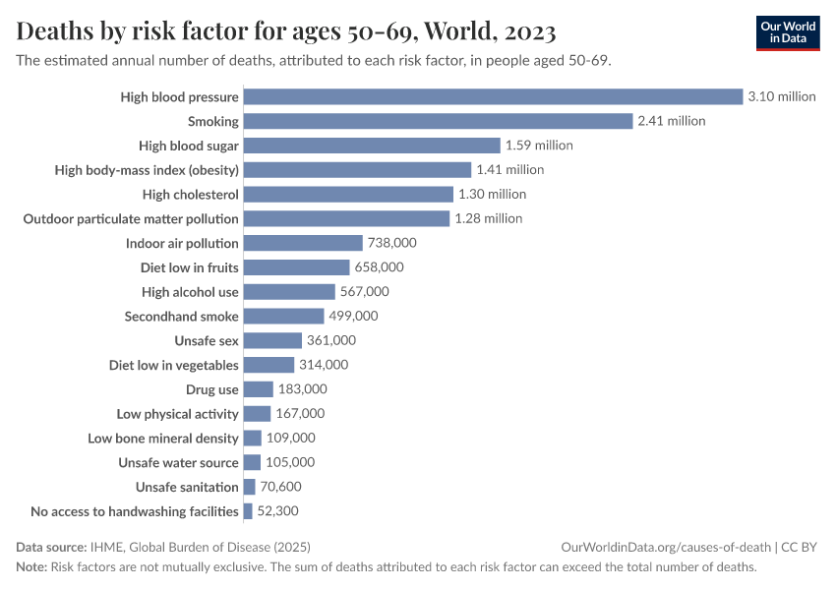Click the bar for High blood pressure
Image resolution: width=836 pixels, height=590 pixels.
[x=492, y=96]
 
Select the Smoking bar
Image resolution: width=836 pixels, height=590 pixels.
[x=437, y=121]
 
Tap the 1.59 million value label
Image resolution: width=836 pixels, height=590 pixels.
[x=539, y=146]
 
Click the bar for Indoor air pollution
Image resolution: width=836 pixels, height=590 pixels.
[x=302, y=243]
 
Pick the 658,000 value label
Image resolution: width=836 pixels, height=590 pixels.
[x=379, y=267]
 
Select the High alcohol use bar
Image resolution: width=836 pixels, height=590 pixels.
[x=288, y=291]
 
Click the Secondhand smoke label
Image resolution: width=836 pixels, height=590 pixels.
[x=181, y=316]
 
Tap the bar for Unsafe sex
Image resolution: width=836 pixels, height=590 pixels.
[x=271, y=340]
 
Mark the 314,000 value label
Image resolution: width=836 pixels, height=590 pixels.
[x=324, y=365]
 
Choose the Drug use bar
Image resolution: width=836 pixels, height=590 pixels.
[x=258, y=389]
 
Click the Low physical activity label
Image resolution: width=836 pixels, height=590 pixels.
[x=177, y=414]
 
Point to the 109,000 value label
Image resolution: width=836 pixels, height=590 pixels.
[x=290, y=439]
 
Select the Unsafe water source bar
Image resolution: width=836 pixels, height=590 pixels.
[x=252, y=462]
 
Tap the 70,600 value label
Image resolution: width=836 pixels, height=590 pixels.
[x=280, y=487]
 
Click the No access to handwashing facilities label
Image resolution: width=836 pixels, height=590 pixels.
[x=135, y=511]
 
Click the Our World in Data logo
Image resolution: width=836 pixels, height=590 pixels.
[x=787, y=32]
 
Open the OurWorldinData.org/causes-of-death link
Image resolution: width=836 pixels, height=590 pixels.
[x=665, y=547]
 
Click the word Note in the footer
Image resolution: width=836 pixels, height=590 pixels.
[x=31, y=567]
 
